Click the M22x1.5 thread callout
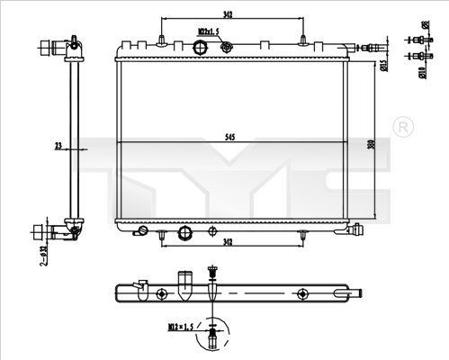pyautogui.click(x=209, y=31)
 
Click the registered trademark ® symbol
pyautogui.click(x=404, y=123)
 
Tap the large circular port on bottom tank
pyautogui.click(x=185, y=233)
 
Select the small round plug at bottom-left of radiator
pyautogui.click(x=142, y=230)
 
